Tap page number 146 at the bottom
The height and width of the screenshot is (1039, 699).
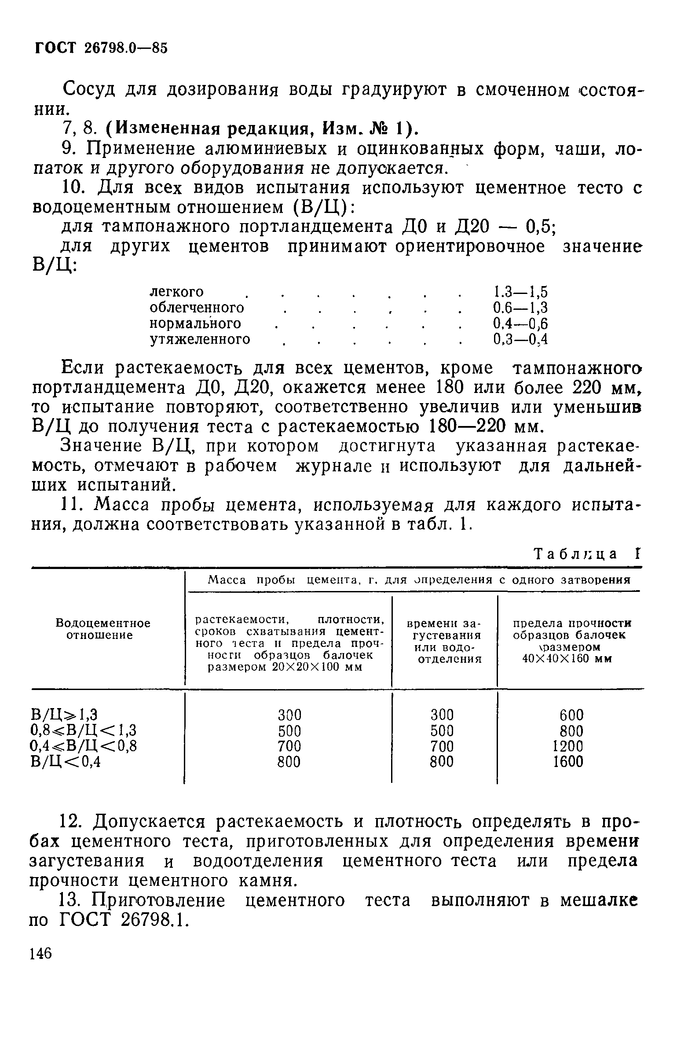[x=40, y=953]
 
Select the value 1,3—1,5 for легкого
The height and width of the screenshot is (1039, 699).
[x=520, y=292]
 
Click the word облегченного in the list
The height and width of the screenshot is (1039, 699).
[x=197, y=308]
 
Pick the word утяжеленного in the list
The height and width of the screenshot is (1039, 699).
[x=200, y=339]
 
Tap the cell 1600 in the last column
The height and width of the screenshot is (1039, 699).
[x=568, y=762]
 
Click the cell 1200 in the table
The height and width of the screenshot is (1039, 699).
[x=568, y=746]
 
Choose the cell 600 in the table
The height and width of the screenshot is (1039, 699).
[x=571, y=715]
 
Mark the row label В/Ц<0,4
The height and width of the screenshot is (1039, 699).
[x=66, y=762]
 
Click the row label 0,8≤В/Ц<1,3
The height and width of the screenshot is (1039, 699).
[x=84, y=731]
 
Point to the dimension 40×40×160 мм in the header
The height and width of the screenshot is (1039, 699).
[x=567, y=659]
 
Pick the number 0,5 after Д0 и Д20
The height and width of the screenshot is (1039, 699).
[x=539, y=228]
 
